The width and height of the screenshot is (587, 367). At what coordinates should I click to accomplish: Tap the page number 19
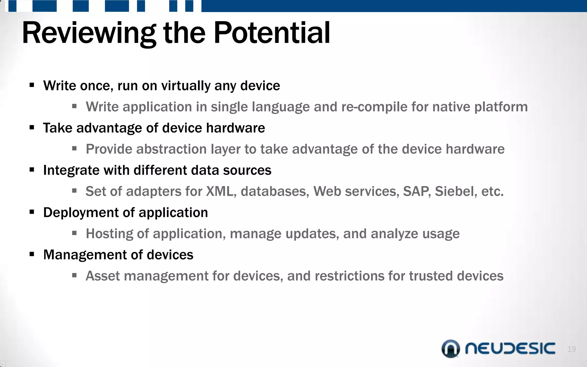(x=572, y=349)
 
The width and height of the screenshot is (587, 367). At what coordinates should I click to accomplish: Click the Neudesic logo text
(x=510, y=348)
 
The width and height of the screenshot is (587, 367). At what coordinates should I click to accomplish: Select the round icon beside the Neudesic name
(x=451, y=349)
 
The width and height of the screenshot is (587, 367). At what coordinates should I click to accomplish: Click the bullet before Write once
(x=32, y=85)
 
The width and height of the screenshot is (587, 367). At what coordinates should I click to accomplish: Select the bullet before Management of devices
(x=32, y=254)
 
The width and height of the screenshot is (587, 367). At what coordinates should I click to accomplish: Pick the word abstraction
(x=171, y=149)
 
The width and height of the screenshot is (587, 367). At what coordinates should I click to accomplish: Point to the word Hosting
(x=109, y=234)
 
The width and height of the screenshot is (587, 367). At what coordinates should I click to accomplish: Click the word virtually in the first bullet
(x=186, y=86)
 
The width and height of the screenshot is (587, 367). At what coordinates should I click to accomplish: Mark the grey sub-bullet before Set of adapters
(x=75, y=191)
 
